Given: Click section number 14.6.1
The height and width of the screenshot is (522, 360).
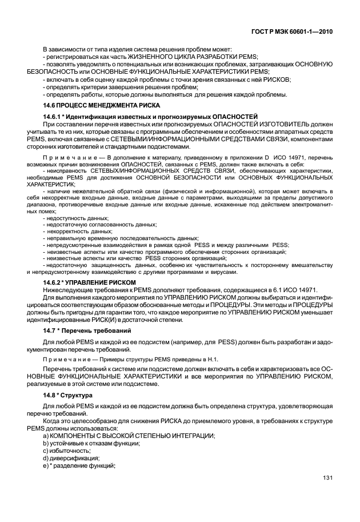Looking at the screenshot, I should pyautogui.click(x=55, y=117).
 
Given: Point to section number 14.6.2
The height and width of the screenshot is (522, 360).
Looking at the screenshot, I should pyautogui.click(x=55, y=282).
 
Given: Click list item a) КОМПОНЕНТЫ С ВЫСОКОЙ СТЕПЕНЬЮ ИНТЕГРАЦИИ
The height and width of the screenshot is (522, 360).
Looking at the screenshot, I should pyautogui.click(x=129, y=436).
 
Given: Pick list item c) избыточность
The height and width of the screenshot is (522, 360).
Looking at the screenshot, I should pyautogui.click(x=67, y=451).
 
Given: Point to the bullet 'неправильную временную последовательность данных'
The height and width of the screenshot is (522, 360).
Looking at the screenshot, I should pyautogui.click(x=120, y=238).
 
